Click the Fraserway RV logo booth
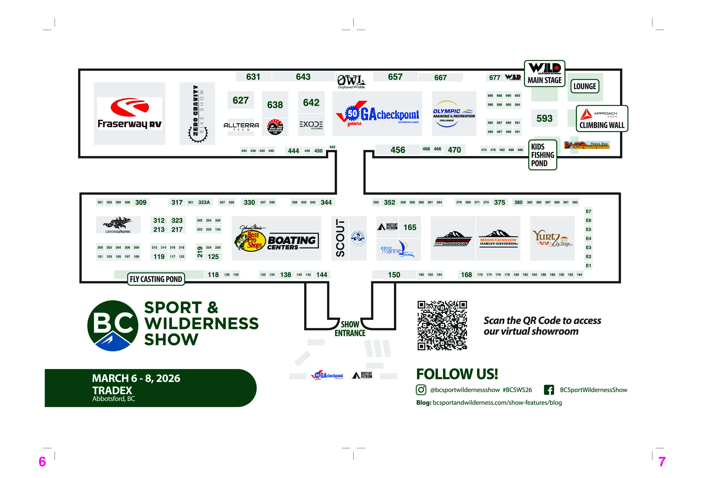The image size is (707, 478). (129, 114)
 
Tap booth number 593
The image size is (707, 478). (544, 118)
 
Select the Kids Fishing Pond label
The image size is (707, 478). (542, 155)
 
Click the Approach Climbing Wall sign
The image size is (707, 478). (602, 119)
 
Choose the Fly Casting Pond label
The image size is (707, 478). (156, 279)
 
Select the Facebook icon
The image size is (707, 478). (549, 390)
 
